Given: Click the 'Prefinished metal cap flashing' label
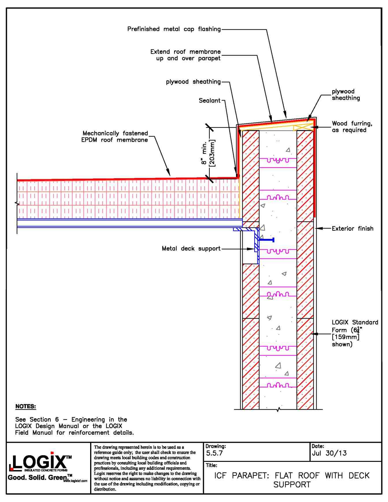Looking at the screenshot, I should point(174,29).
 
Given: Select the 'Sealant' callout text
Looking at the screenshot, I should point(209,101).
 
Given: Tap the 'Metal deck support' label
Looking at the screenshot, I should point(191,249).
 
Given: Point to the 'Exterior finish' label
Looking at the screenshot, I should point(352,229).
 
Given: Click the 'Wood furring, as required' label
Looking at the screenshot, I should point(352,127).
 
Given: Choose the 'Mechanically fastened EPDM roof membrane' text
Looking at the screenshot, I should point(115,137).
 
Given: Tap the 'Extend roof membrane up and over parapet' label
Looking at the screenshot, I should point(185,55).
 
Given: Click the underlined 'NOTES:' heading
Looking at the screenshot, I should point(25,407).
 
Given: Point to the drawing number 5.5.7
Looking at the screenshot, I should point(214,453).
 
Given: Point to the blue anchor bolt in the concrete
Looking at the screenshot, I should point(267,240).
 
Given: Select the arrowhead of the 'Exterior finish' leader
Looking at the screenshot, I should point(317,229).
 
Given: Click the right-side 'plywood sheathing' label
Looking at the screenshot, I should point(346,95).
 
